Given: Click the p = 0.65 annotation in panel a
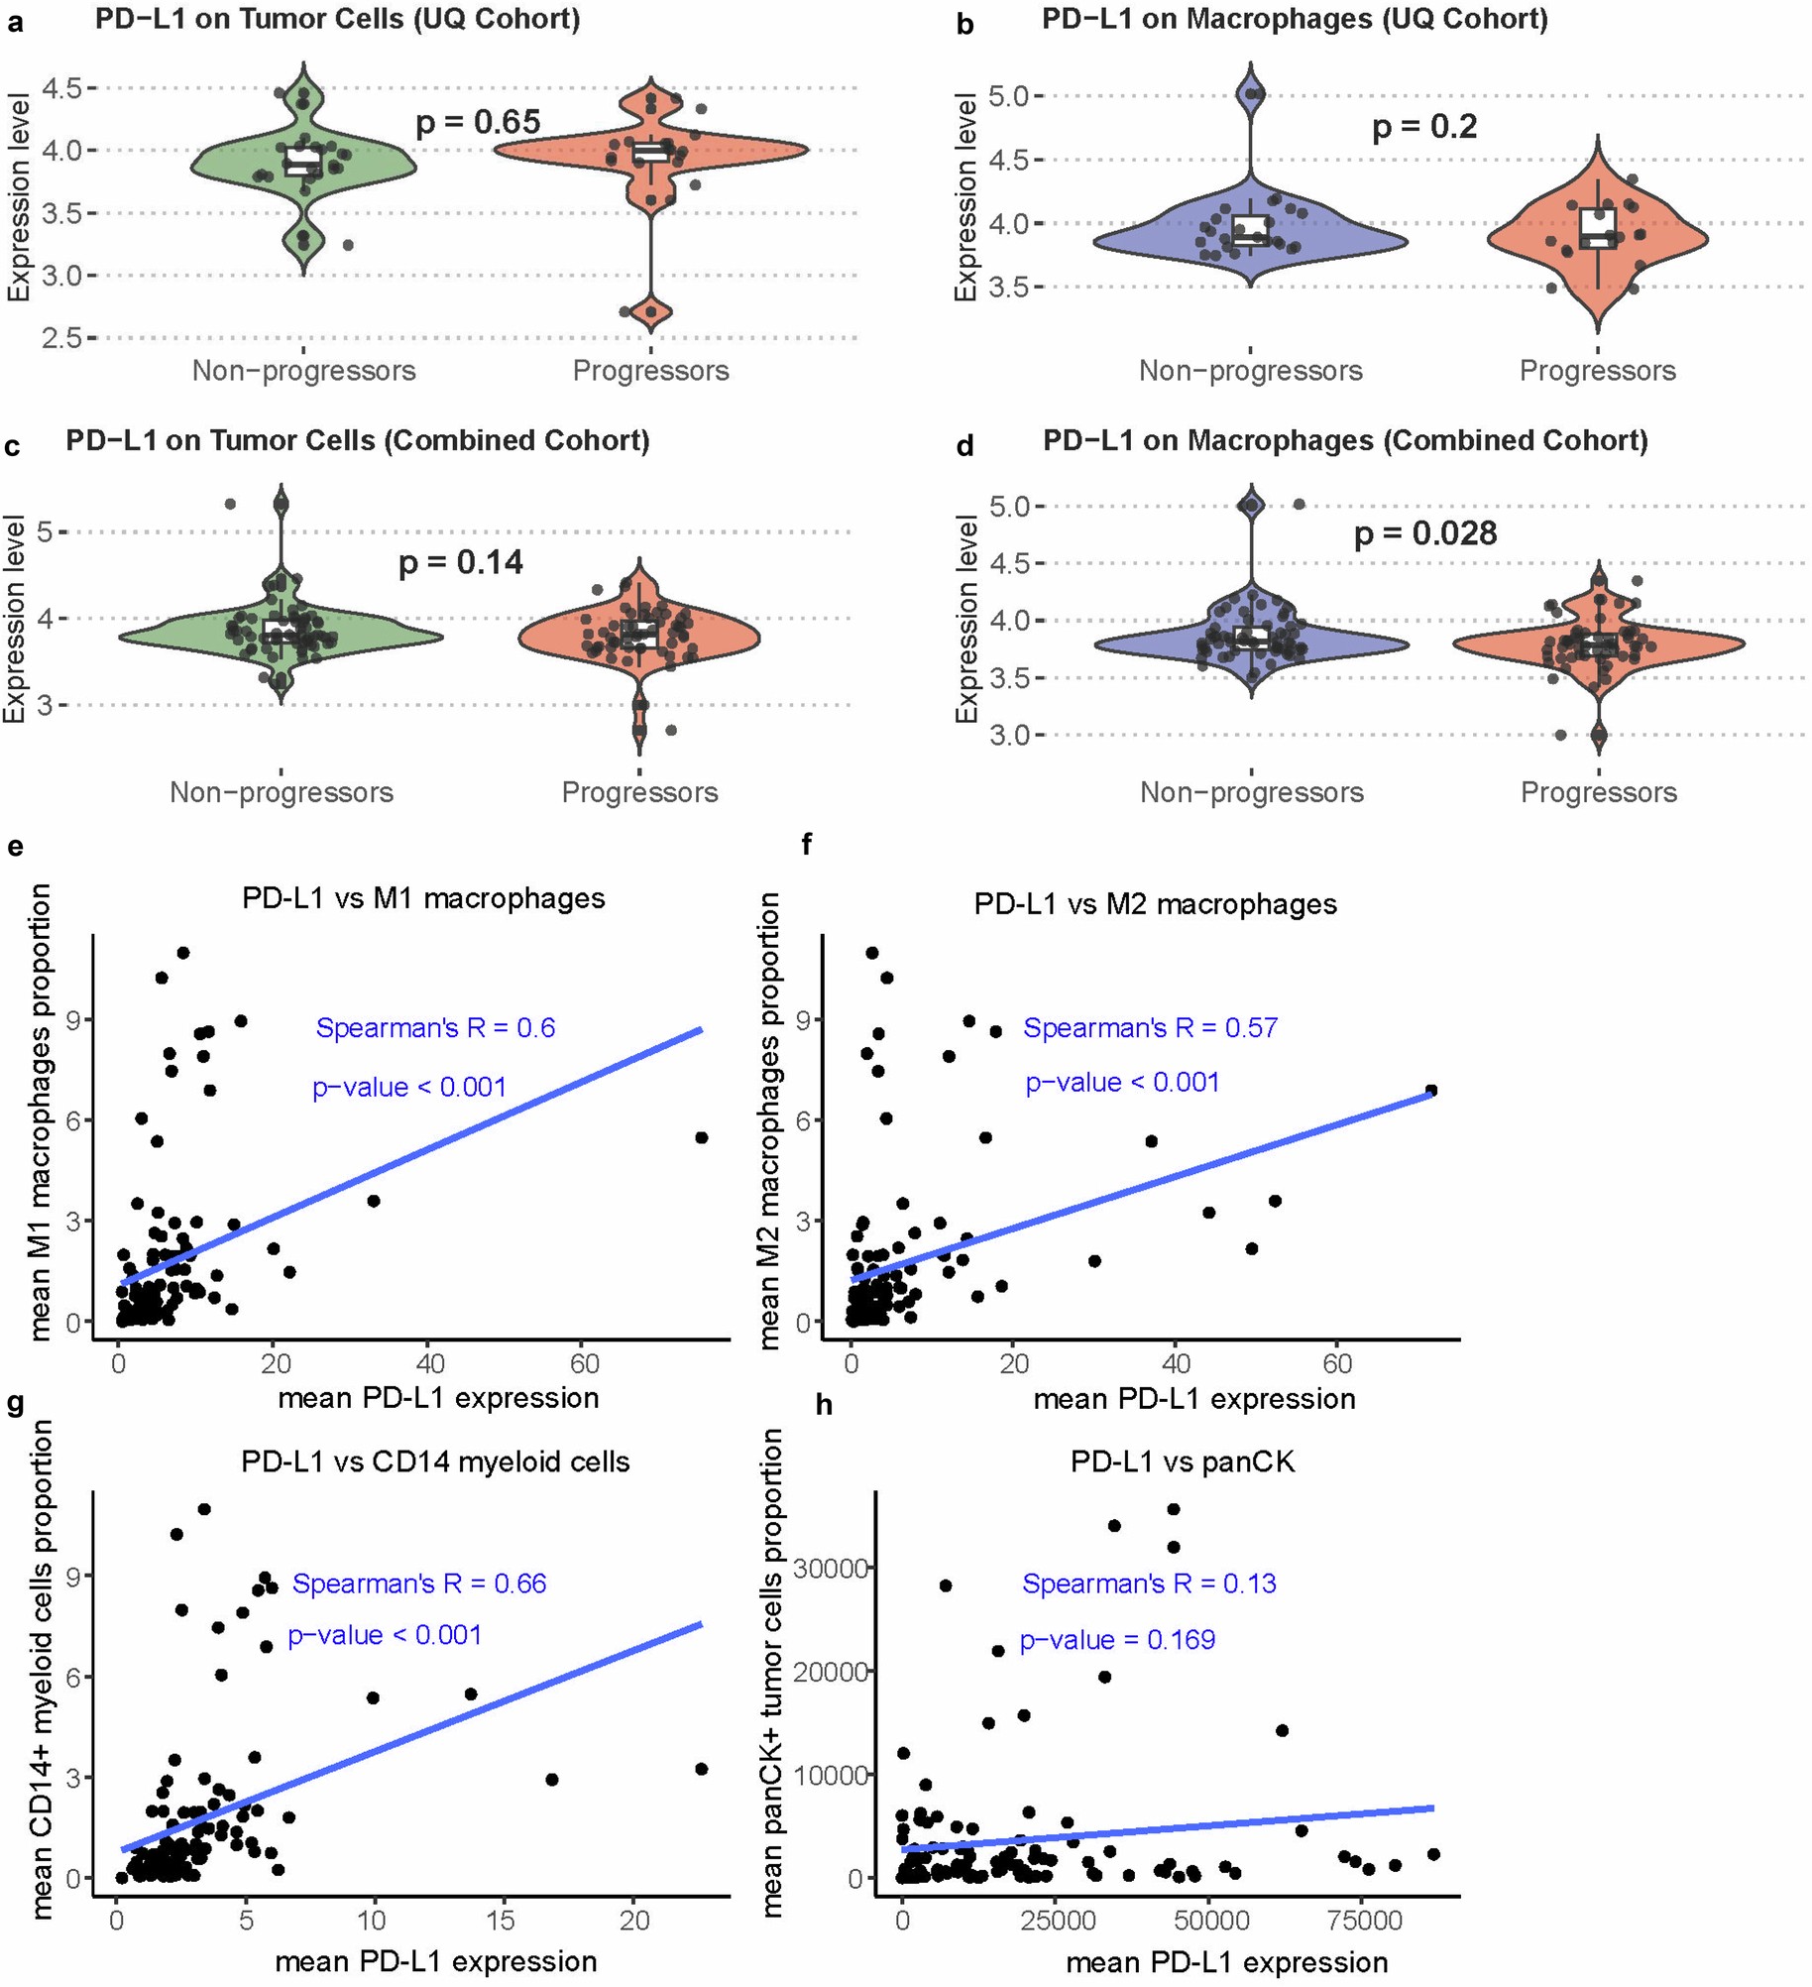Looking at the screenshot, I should click(x=478, y=122).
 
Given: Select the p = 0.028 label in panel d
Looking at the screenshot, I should click(x=1424, y=533).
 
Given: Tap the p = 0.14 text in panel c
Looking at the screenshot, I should click(x=460, y=562).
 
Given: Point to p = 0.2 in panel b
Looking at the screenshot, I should click(x=1423, y=127).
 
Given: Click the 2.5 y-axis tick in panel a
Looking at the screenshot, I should click(x=61, y=338).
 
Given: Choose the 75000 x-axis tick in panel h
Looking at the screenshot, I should click(x=1364, y=1921).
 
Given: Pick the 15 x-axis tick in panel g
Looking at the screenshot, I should click(x=501, y=1921).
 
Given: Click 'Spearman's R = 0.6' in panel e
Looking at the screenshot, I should click(x=435, y=1028).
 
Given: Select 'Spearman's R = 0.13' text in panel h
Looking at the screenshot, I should click(x=1149, y=1583).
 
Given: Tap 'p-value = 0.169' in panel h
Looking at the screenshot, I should click(x=1117, y=1640).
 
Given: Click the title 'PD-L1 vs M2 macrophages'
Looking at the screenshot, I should click(x=1155, y=904).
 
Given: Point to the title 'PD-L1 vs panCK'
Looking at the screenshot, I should click(x=1182, y=1461).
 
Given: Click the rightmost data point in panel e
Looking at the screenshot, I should click(x=702, y=1137).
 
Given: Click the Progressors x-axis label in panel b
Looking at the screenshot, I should click(x=1597, y=371).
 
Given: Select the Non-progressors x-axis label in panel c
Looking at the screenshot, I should click(x=282, y=792).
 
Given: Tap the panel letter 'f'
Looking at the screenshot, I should click(x=806, y=845).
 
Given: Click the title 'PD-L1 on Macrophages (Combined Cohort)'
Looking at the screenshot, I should click(x=1344, y=440).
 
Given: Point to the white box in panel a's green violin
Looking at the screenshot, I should click(x=302, y=163).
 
